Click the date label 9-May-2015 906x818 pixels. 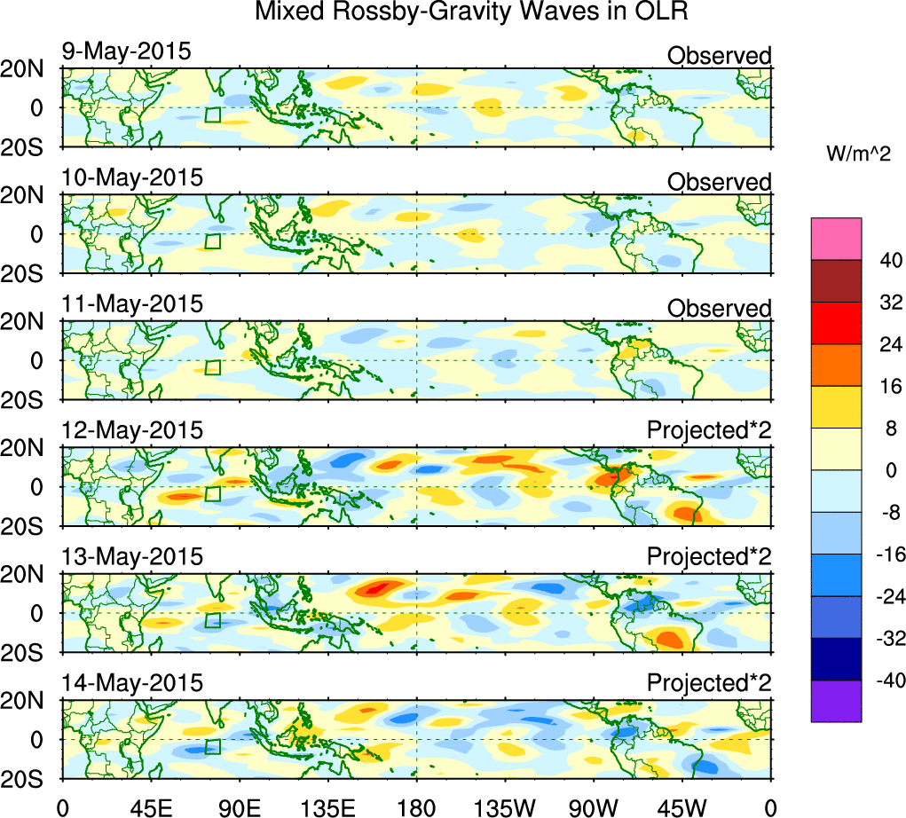126,51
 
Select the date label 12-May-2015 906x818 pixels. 132,430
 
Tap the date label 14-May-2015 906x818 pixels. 132,683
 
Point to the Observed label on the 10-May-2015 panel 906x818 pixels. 719,182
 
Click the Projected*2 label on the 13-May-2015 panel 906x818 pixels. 709,557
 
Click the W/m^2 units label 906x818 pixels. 859,154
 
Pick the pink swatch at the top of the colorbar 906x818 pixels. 836,238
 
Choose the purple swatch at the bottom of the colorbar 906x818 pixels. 836,701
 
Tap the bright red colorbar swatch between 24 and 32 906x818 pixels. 836,322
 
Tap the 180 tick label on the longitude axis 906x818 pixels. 416,806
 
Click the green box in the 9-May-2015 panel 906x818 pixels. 212,114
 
